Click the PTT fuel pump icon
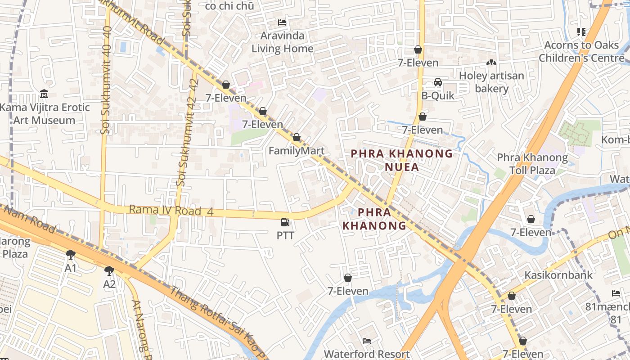285,222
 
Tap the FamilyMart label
297,151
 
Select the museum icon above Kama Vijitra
44,94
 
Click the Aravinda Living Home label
282,42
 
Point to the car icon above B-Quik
437,82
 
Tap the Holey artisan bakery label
491,82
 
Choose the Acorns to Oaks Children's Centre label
581,51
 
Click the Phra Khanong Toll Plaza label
532,164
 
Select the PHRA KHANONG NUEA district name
402,160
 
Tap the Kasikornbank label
558,274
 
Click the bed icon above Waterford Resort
367,341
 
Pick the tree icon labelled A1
71,255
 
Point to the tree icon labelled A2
109,270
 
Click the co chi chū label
229,6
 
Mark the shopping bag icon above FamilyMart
297,137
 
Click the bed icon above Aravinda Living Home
282,22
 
